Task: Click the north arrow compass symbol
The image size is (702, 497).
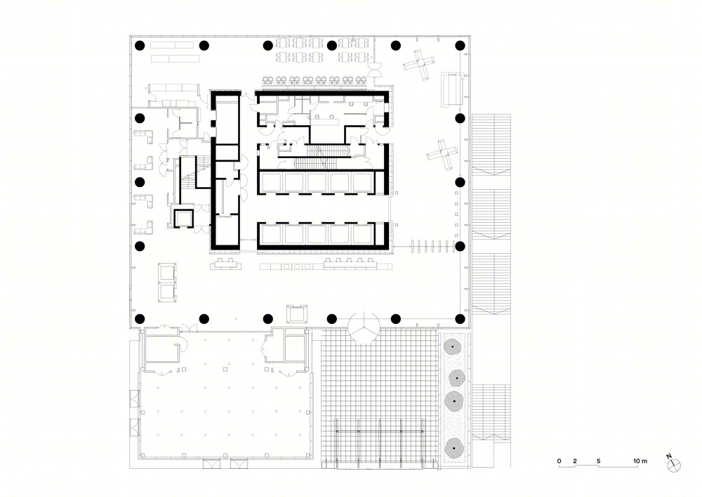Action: (x=674, y=466)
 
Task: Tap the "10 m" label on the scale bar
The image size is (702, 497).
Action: (x=640, y=460)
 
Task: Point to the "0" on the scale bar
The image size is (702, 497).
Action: (x=559, y=460)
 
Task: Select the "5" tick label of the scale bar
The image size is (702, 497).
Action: (x=599, y=460)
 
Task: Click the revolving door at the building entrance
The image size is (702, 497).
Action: (x=364, y=328)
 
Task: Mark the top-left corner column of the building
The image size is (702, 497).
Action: (x=140, y=45)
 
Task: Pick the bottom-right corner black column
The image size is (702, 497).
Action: (x=460, y=319)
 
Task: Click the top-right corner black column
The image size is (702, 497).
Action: (x=460, y=45)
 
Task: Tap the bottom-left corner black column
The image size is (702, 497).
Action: (x=140, y=319)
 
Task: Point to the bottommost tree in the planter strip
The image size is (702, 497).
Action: (x=454, y=448)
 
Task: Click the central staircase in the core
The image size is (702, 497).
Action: (x=322, y=157)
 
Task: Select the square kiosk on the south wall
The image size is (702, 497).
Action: (x=297, y=314)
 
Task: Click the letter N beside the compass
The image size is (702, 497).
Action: (x=669, y=457)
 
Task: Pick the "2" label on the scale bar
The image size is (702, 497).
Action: (x=575, y=460)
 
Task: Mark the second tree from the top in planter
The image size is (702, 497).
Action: (x=456, y=378)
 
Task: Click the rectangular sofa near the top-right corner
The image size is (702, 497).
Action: (x=451, y=90)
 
